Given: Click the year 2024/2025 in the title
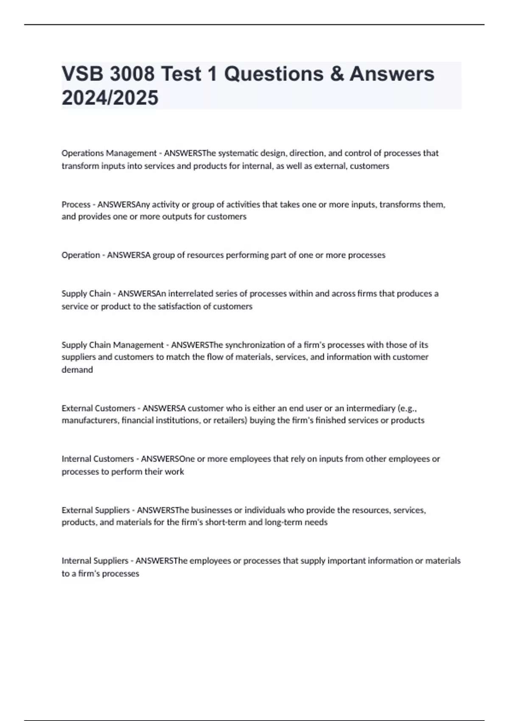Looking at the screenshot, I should click(110, 98).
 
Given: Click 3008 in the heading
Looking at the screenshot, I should click(132, 74).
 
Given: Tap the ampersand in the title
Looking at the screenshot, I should click(335, 74).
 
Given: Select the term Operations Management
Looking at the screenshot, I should click(109, 153).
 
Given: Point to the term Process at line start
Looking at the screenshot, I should click(76, 204).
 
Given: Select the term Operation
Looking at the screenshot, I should click(81, 255).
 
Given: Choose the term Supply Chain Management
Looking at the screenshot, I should click(112, 345).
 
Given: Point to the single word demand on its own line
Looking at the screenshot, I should click(77, 370).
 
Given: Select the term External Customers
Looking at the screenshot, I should click(98, 408).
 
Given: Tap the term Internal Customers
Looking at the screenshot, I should click(98, 459).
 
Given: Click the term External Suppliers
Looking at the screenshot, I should click(95, 510).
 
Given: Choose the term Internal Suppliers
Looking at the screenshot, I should click(95, 561).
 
